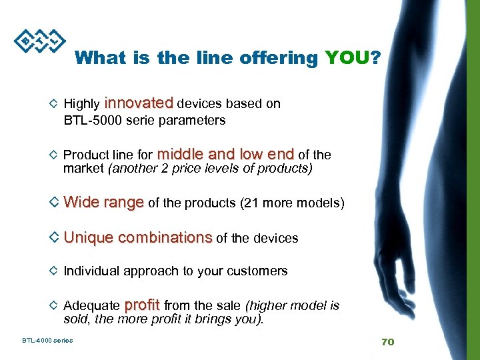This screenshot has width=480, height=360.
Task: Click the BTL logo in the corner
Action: (x=39, y=42)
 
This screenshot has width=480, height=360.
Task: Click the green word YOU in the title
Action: (x=346, y=58)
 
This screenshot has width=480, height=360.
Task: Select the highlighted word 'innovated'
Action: (x=139, y=103)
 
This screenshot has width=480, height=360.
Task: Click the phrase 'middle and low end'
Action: (x=227, y=154)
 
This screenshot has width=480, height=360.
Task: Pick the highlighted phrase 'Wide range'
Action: (x=103, y=202)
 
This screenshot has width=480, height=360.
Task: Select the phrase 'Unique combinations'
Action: (x=138, y=237)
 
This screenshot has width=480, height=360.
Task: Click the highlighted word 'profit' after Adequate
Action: (x=142, y=305)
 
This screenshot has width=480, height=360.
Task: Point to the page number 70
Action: (x=387, y=342)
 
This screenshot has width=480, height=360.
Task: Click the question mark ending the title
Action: (x=377, y=58)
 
